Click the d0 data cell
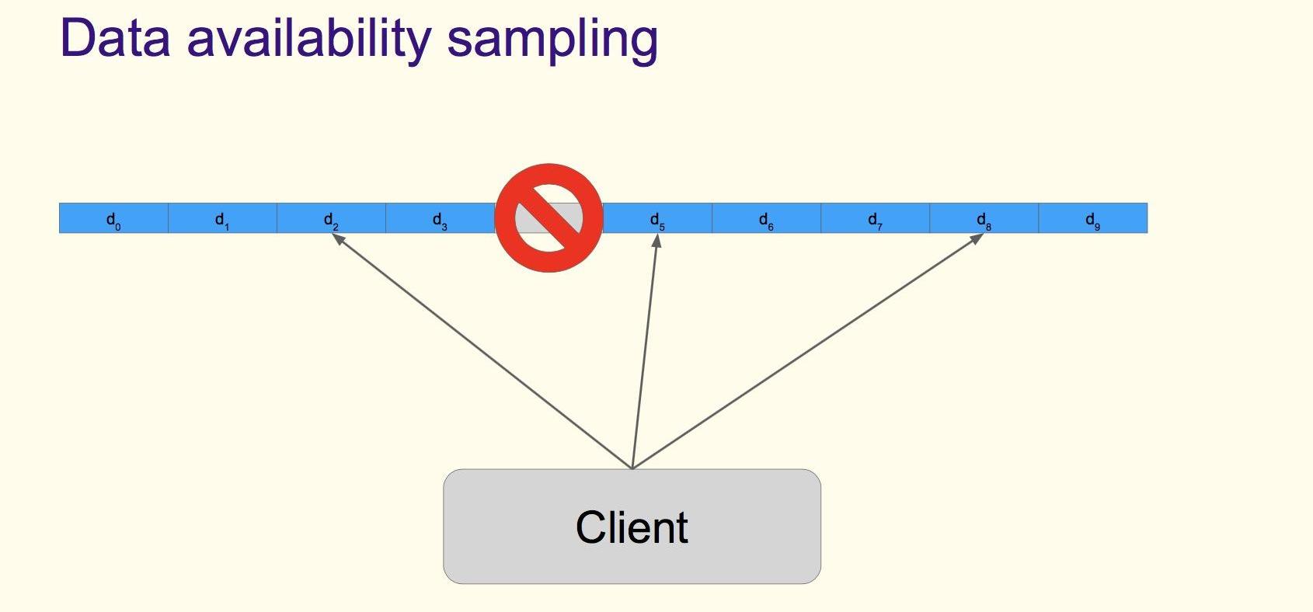pos(113,218)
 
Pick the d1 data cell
pos(222,218)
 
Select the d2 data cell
pos(331,218)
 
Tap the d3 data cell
pos(440,218)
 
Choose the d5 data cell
pos(657,218)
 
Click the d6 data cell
pos(766,218)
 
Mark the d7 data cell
pos(875,218)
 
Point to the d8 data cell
pos(984,218)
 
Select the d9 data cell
pos(1092,218)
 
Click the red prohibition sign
pos(549,217)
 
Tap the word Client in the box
pos(632,527)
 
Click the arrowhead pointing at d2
pos(338,238)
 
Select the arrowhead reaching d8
pos(976,238)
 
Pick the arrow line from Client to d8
pos(804,353)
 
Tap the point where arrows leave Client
pos(632,468)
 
